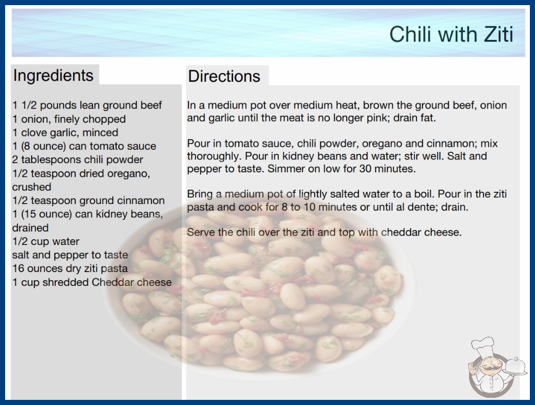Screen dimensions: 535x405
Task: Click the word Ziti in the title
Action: point(498,34)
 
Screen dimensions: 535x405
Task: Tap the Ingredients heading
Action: point(53,75)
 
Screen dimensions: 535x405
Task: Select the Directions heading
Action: point(224,76)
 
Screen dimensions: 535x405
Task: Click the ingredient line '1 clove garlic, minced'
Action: point(65,132)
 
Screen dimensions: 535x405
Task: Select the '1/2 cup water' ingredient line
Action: point(46,241)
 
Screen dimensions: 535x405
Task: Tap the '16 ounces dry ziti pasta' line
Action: point(70,268)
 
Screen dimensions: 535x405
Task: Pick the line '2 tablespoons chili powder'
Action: point(78,160)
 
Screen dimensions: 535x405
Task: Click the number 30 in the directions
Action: point(365,169)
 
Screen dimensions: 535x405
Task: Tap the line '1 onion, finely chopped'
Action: point(69,119)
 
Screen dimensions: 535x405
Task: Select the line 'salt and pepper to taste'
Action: point(70,255)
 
